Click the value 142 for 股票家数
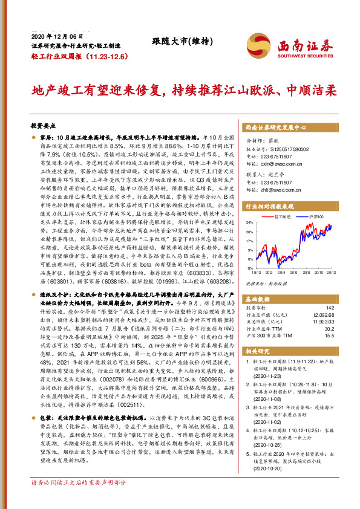coord(330,308)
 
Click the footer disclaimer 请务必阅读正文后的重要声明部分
coord(79,500)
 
